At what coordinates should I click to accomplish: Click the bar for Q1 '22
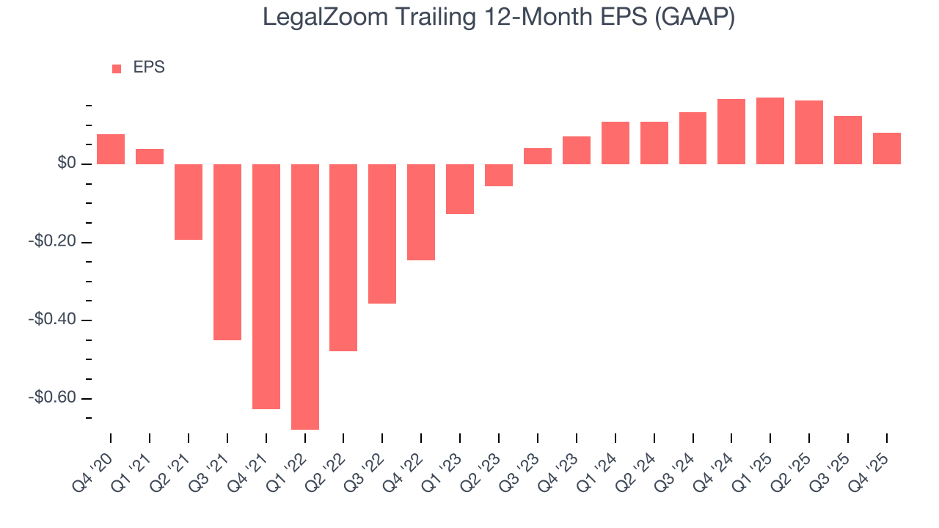point(304,296)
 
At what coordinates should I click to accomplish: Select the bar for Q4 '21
point(266,286)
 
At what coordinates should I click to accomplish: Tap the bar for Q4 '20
point(111,149)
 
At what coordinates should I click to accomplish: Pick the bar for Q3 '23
point(537,156)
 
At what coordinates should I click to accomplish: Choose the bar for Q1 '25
point(770,131)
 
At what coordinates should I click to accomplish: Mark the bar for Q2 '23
point(499,175)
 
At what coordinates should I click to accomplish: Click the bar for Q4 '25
point(886,148)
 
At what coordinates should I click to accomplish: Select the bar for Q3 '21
point(227,252)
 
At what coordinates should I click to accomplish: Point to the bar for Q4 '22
point(421,212)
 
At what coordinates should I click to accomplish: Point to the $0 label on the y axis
point(67,164)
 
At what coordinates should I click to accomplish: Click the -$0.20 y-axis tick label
point(54,242)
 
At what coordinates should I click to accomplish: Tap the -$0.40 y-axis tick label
point(54,320)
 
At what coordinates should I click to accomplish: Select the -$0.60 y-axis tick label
point(54,398)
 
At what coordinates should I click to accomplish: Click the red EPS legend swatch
point(117,68)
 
